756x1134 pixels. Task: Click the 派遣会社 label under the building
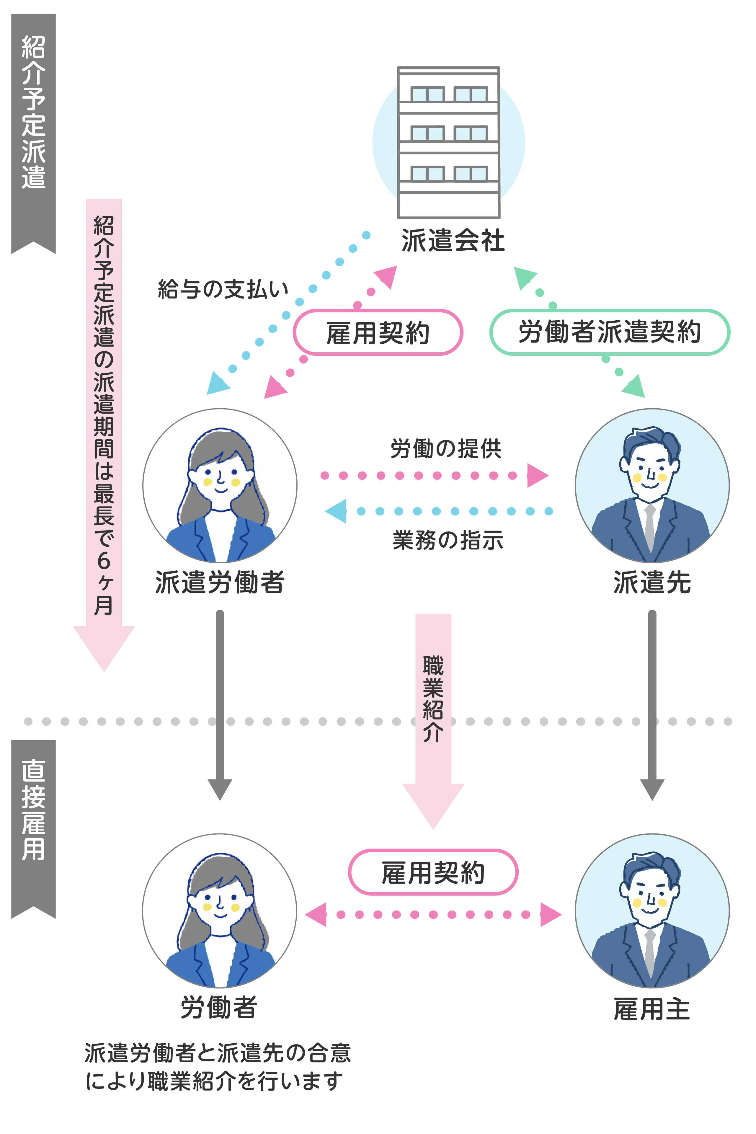tap(453, 241)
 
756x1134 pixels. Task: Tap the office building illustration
tap(448, 142)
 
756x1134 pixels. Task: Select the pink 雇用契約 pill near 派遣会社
tap(378, 333)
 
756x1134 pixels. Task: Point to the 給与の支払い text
tap(223, 289)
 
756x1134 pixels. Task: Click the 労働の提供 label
tap(446, 448)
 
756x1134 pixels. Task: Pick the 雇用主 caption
tap(652, 1009)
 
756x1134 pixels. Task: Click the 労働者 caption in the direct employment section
tap(219, 1008)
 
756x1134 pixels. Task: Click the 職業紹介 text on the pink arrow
tap(433, 699)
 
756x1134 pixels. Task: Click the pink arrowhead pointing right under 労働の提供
tap(537, 475)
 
